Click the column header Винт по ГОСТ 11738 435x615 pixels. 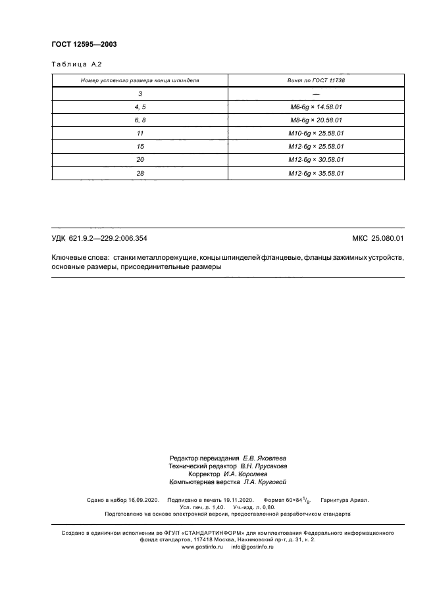pyautogui.click(x=316, y=80)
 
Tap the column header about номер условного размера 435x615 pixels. pyautogui.click(x=140, y=80)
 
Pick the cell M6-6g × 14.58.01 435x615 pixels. pyautogui.click(x=316, y=107)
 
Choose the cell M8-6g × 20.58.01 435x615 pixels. pyautogui.click(x=316, y=120)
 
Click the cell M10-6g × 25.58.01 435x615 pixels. pyautogui.click(x=316, y=134)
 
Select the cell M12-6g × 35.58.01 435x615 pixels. pyautogui.click(x=316, y=174)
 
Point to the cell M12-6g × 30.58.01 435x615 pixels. pyautogui.click(x=316, y=160)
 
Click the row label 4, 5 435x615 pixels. pyautogui.click(x=140, y=107)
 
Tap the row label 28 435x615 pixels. pyautogui.click(x=140, y=174)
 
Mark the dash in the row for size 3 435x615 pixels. pyautogui.click(x=316, y=93)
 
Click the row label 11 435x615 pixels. pyautogui.click(x=140, y=134)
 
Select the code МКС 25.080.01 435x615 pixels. pyautogui.click(x=378, y=238)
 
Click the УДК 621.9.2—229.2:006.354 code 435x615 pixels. pyautogui.click(x=103, y=238)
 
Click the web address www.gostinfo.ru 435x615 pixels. pyautogui.click(x=203, y=547)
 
